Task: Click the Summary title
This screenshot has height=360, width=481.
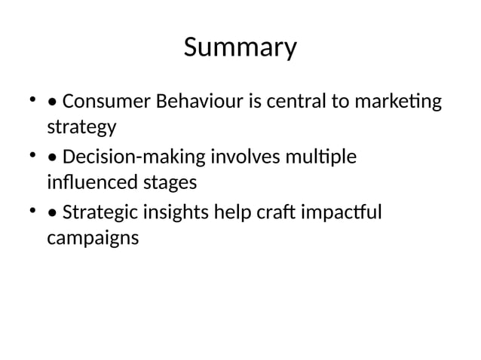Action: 240,48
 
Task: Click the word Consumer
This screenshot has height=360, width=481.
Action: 105,102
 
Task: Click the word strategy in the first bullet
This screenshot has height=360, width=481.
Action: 81,127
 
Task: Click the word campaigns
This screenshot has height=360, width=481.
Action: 93,239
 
